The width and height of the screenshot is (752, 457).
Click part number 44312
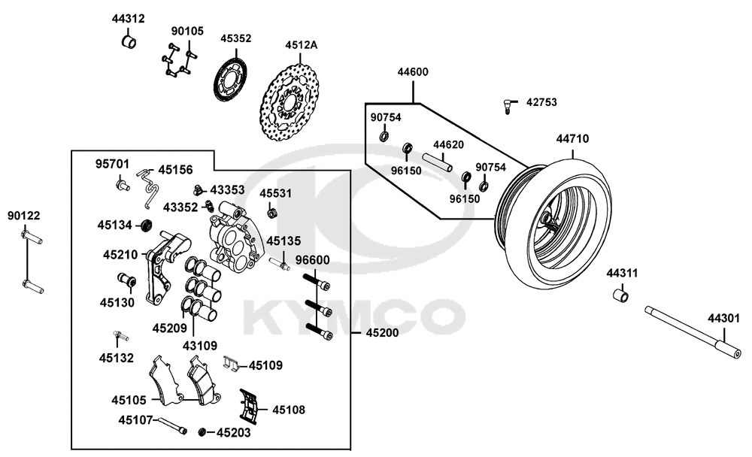[129, 18]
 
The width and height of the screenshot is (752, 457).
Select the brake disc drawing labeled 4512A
[292, 105]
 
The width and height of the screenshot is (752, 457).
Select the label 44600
[413, 73]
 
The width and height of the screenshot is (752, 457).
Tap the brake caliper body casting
[232, 237]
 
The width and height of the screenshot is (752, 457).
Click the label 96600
[313, 260]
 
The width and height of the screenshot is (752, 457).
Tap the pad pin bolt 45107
[172, 426]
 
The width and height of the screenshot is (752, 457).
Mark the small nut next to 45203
[203, 432]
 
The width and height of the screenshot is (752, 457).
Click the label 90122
[24, 216]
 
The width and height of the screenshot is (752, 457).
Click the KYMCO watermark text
[353, 316]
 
